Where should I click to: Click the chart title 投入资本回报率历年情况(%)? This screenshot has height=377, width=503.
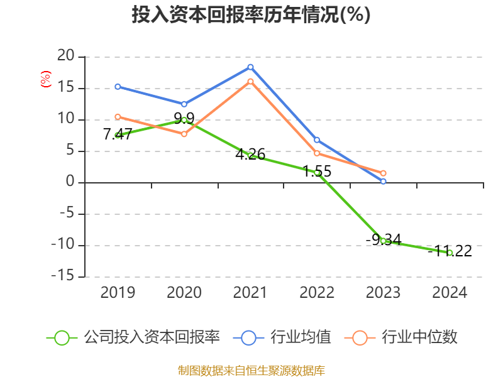coord(251,15)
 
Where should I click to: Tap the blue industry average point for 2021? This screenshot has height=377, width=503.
coord(250,67)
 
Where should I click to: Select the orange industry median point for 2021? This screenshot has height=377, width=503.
coord(250,81)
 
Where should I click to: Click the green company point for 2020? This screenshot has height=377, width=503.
coord(184,119)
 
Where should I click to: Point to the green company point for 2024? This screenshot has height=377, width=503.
coord(450,253)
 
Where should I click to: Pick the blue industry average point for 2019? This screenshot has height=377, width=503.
coord(118,86)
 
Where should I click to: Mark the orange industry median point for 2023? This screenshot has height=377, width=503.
coord(384,173)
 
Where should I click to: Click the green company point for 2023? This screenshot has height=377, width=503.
coord(384,241)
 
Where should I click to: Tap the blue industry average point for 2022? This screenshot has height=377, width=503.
coord(317,139)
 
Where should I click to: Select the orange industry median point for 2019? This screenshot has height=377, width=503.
coord(118,116)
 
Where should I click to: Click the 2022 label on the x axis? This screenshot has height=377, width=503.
coord(317,293)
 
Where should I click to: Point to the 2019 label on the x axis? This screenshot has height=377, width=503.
coord(118,293)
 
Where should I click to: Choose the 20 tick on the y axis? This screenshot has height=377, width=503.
coord(65,57)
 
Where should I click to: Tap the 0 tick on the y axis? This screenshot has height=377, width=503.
coord(70,183)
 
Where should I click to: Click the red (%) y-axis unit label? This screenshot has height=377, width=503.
coord(45,80)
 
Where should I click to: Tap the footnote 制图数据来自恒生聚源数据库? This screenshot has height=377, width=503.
coord(251,370)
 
